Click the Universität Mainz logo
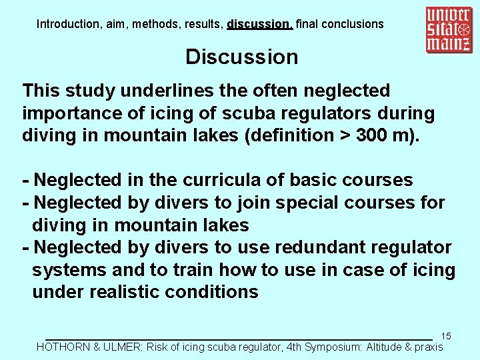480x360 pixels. coord(450,30)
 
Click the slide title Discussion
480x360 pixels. coord(241,57)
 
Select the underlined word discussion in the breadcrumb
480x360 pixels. coord(259,24)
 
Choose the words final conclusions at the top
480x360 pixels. coord(339,24)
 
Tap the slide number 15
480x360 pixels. coord(446,337)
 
